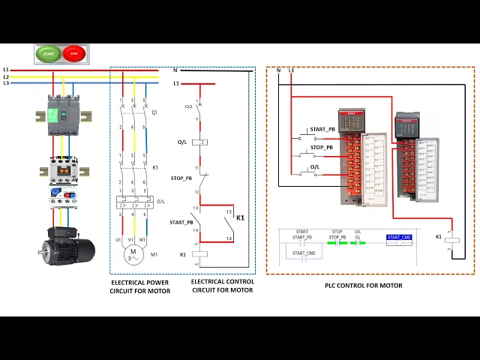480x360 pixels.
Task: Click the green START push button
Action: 49,54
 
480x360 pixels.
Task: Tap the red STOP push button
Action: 74,54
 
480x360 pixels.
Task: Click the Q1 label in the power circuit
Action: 155,113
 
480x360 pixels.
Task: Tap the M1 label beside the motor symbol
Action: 155,254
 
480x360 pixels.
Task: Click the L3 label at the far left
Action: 6,83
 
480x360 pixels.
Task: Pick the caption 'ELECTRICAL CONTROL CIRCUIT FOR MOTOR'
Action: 222,286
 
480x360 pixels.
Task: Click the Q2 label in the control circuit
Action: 188,106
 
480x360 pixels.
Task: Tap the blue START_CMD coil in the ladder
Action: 399,238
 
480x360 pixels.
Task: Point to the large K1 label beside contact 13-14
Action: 241,217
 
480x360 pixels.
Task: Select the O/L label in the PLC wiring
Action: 315,166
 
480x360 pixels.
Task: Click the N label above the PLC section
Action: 278,70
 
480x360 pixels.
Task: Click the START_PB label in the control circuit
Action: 181,222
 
